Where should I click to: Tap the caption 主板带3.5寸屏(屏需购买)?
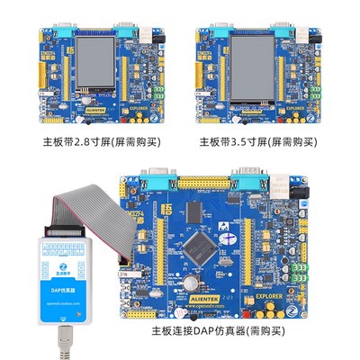click(257, 142)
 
